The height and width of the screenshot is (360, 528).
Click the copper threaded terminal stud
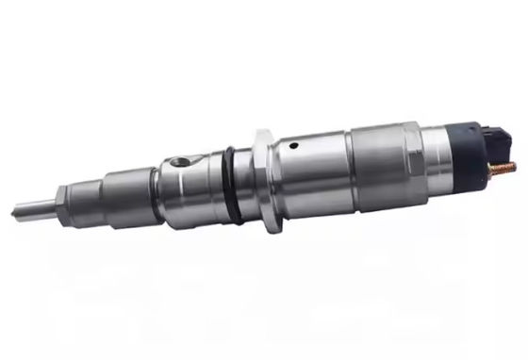[x=505, y=170]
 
